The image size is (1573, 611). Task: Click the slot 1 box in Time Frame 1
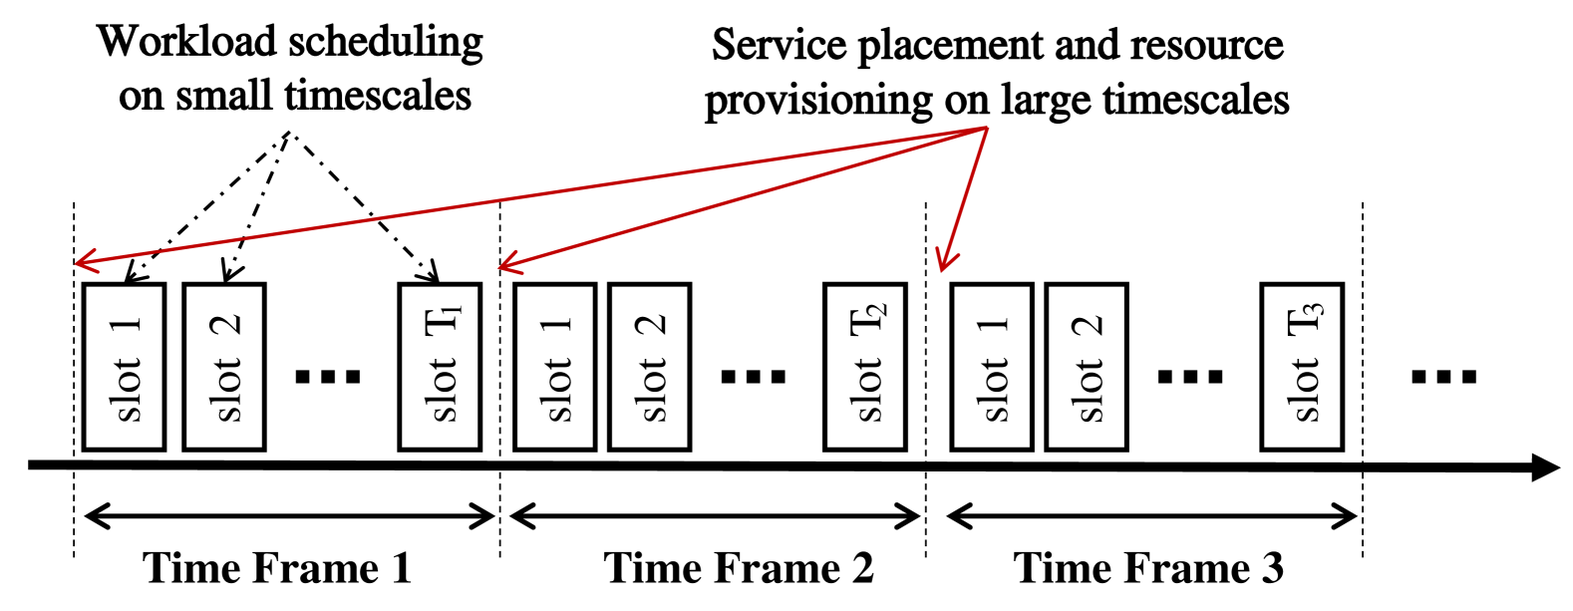coord(124,367)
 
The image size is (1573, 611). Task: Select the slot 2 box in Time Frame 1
coord(224,367)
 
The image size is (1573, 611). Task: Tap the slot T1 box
coord(440,367)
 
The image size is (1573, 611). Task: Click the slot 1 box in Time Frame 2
coord(554,367)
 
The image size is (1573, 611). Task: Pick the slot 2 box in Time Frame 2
coord(650,367)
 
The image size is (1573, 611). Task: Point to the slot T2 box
coord(865,367)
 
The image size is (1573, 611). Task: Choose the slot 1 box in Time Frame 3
coord(992,367)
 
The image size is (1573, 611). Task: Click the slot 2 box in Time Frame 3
coord(1087,367)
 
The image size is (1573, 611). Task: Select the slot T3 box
coord(1302,367)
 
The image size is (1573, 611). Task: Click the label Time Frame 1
coord(277,568)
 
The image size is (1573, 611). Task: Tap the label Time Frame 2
coord(739,568)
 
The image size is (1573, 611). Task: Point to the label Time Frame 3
coord(1148,568)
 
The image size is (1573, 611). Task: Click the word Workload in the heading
coord(185,42)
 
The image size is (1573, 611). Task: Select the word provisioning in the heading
coord(818,101)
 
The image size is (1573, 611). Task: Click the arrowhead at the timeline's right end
coord(1544,466)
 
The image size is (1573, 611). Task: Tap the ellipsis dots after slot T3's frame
coord(1443,377)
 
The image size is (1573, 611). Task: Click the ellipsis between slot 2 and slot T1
coord(329,377)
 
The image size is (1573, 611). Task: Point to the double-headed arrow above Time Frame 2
coord(714,516)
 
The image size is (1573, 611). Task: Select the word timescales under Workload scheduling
coord(378,96)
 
